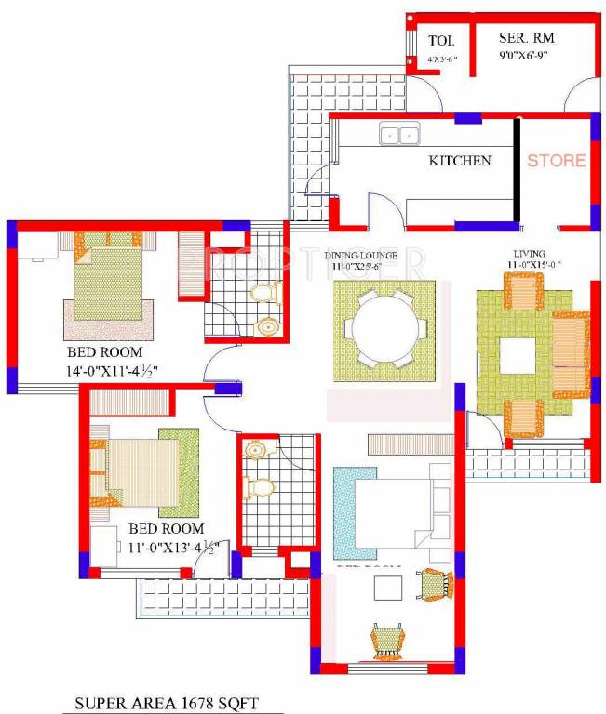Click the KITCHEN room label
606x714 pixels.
459,161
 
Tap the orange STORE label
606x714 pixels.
557,161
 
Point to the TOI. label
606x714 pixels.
440,41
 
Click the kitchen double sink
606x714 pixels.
398,137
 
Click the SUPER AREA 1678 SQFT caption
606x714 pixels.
167,704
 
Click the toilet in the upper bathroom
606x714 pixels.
266,295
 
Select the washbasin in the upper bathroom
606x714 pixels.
267,326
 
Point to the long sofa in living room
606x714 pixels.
570,354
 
